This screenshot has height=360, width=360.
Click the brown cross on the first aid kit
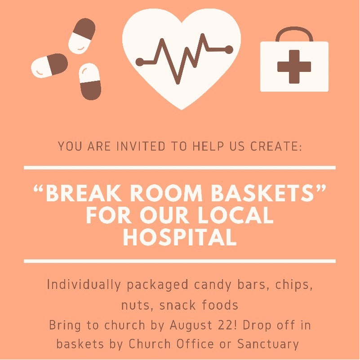pyautogui.click(x=294, y=67)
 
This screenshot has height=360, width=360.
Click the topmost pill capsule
pyautogui.click(x=82, y=36)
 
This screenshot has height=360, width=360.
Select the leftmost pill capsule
pyautogui.click(x=49, y=66)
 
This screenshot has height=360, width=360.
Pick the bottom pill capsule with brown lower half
pyautogui.click(x=90, y=81)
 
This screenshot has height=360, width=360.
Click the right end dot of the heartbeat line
pyautogui.click(x=229, y=50)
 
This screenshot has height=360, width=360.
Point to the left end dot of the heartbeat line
pyautogui.click(x=140, y=62)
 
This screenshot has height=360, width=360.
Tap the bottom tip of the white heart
pyautogui.click(x=182, y=110)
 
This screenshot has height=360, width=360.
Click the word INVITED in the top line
pyautogui.click(x=141, y=146)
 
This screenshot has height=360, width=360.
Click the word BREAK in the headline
pyautogui.click(x=84, y=193)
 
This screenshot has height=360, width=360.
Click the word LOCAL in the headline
pyautogui.click(x=236, y=215)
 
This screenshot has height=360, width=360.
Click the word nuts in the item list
pyautogui.click(x=135, y=305)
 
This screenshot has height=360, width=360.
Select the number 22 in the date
pyautogui.click(x=225, y=325)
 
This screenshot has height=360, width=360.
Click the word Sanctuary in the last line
pyautogui.click(x=268, y=344)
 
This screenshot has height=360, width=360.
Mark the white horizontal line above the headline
pyautogui.click(x=180, y=168)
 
